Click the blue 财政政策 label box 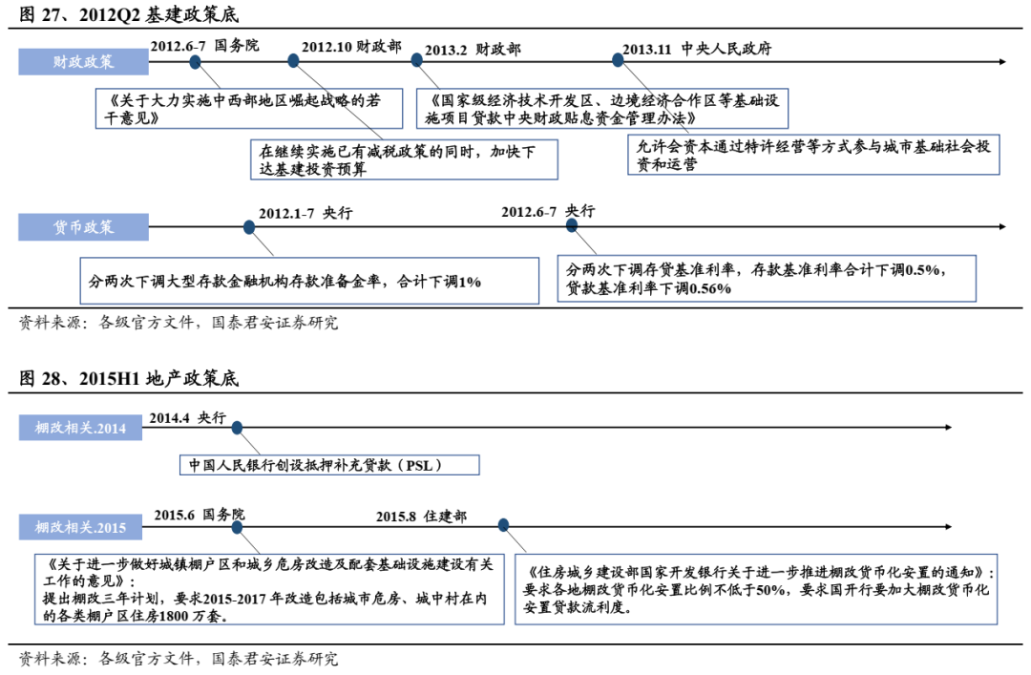pos(83,62)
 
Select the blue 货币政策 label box pos(83,227)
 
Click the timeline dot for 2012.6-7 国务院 pos(195,62)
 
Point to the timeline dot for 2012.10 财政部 pos(293,61)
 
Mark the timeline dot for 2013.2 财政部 pos(417,60)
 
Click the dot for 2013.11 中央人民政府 pos(618,60)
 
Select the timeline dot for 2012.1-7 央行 pos(249,227)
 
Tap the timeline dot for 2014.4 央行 pos(237,428)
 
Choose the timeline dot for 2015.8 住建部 pos(503,524)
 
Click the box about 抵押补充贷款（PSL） pos(329,465)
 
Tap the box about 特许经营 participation pos(812,155)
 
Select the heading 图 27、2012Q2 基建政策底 pos(129,15)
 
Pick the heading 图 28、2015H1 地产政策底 pos(129,379)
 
